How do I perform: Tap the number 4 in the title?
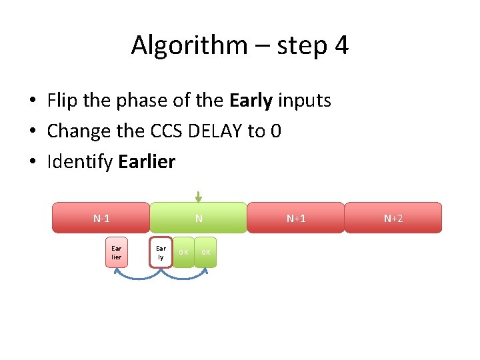click(341, 46)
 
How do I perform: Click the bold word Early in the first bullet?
click(251, 101)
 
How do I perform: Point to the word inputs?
click(304, 101)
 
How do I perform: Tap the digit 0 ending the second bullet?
click(275, 131)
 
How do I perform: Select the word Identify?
click(80, 162)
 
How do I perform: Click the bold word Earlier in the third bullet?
click(147, 162)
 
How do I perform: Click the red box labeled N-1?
click(101, 218)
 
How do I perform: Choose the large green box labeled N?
click(199, 218)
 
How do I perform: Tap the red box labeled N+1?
click(296, 218)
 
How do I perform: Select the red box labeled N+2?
click(393, 218)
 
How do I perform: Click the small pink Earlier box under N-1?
click(117, 252)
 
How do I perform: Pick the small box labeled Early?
click(161, 252)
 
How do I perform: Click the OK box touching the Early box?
click(183, 252)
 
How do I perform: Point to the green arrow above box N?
click(198, 196)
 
